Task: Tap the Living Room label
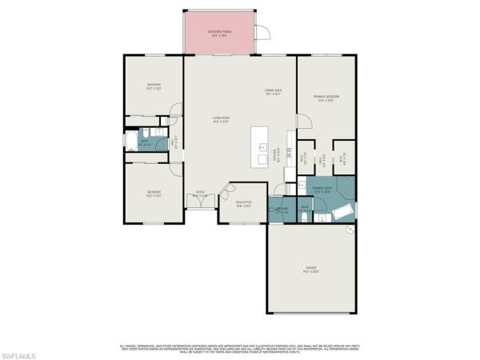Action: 221,121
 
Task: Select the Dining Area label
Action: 274,92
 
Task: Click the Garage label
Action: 311,270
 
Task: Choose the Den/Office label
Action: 243,202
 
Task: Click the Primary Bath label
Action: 322,190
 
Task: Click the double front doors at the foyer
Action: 201,206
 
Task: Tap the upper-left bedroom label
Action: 154,86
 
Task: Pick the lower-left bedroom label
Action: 154,192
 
